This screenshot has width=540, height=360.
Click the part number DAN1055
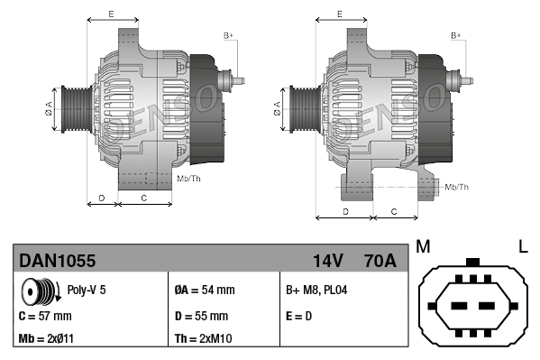(58, 261)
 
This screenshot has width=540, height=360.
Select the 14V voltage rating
(327, 261)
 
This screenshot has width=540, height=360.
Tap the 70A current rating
(378, 261)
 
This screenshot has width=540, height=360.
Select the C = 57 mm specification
(45, 316)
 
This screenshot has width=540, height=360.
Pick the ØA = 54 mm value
(204, 291)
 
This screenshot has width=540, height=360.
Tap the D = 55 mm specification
(201, 316)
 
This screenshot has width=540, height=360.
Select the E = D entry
(300, 316)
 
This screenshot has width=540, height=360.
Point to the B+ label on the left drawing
(228, 35)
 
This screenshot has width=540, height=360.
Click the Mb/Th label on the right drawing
(457, 187)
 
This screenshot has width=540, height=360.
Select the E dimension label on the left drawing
(111, 14)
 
